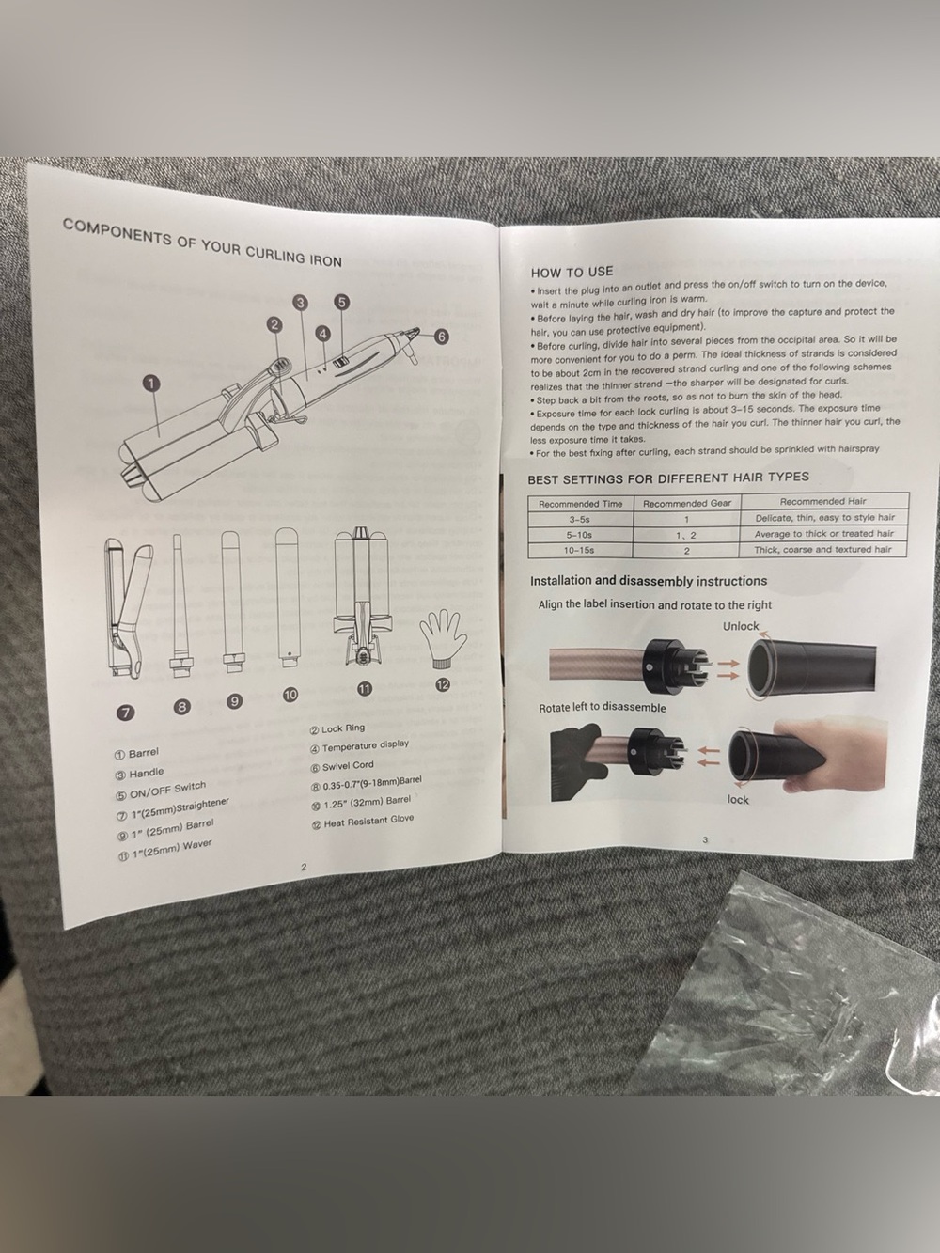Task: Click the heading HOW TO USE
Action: click(x=572, y=272)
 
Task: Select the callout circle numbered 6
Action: click(x=441, y=337)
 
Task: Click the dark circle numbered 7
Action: click(x=127, y=712)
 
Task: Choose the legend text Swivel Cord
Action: click(x=341, y=766)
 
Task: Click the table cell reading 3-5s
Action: click(x=580, y=520)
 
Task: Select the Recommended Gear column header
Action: click(x=686, y=504)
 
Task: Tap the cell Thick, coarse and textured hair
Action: click(x=822, y=550)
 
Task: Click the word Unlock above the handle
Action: click(x=741, y=626)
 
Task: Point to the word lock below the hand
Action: click(x=737, y=800)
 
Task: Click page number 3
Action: click(x=705, y=839)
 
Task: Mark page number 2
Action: click(x=304, y=867)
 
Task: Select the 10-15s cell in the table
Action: click(x=580, y=550)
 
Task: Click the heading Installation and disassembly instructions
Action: click(x=649, y=581)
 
